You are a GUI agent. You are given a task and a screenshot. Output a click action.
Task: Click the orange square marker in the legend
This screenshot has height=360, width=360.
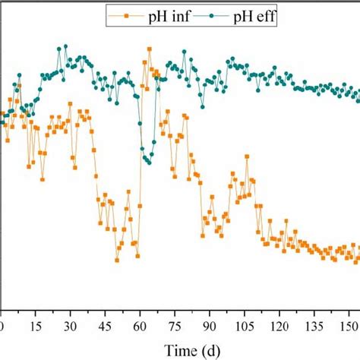click(x=119, y=14)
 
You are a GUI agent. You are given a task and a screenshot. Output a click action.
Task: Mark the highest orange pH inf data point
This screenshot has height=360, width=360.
click(x=150, y=49)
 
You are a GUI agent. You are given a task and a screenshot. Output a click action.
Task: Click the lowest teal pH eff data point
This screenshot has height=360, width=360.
click(x=150, y=162)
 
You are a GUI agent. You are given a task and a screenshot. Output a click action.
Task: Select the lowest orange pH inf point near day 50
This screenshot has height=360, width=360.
click(x=117, y=260)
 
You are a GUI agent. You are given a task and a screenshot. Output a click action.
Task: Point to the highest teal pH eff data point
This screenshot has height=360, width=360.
click(x=66, y=46)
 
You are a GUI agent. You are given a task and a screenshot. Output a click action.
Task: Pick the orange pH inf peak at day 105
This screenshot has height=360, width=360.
click(x=247, y=156)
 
